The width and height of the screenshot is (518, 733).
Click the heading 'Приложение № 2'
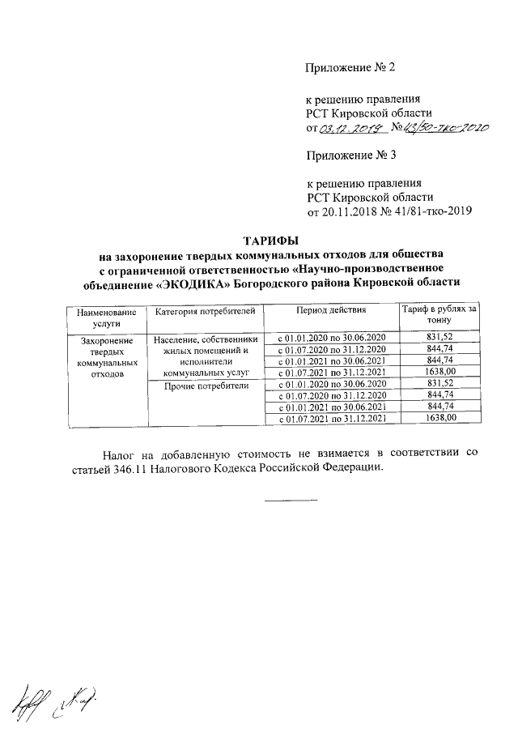(349, 67)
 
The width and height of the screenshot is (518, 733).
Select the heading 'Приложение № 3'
(349, 153)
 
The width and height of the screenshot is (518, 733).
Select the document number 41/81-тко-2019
(428, 212)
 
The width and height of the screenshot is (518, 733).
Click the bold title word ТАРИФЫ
(271, 241)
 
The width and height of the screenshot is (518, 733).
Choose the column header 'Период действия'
(331, 311)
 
